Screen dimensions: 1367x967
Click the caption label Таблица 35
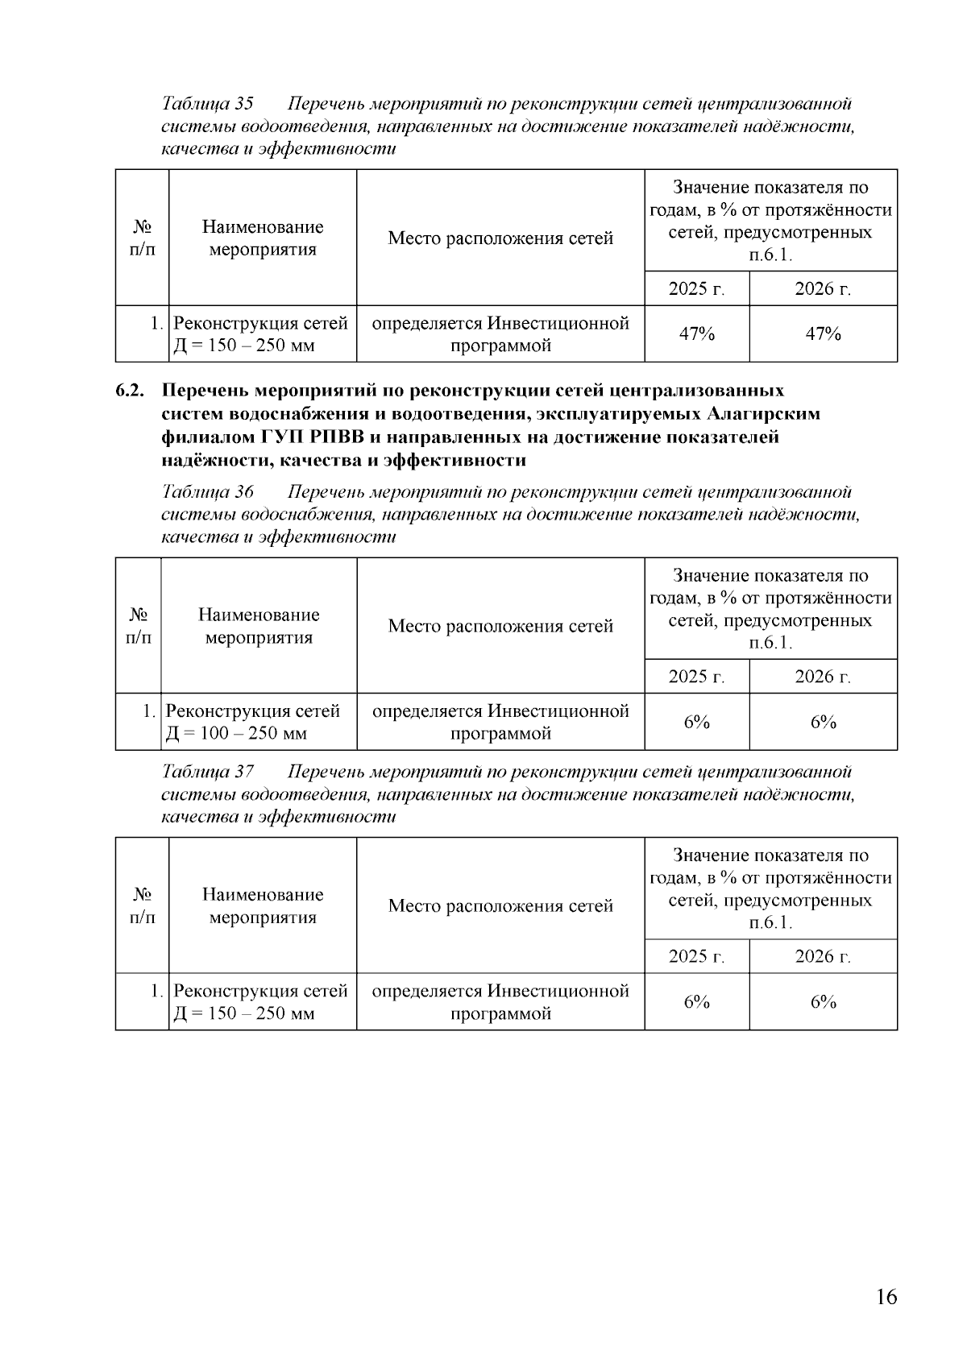pyautogui.click(x=208, y=104)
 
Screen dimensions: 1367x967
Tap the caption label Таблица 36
pyautogui.click(x=208, y=491)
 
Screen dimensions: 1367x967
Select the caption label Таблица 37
pyautogui.click(x=208, y=772)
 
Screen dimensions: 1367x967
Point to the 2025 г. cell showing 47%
pyautogui.click(x=696, y=333)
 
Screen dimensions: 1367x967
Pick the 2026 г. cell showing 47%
pyautogui.click(x=823, y=333)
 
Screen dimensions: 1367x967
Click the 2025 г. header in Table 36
pyautogui.click(x=696, y=677)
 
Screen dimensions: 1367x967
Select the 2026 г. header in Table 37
pyautogui.click(x=823, y=956)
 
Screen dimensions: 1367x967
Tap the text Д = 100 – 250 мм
pyautogui.click(x=236, y=733)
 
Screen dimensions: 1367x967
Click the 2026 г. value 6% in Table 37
pyautogui.click(x=823, y=1001)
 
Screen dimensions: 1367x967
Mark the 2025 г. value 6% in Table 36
pyautogui.click(x=696, y=722)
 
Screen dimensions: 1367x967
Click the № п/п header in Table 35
pyautogui.click(x=142, y=238)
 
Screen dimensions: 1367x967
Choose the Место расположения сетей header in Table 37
pyautogui.click(x=500, y=905)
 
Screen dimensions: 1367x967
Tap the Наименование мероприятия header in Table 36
pyautogui.click(x=259, y=626)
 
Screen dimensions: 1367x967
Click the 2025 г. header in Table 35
pyautogui.click(x=696, y=288)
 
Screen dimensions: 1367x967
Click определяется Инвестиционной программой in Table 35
pyautogui.click(x=500, y=334)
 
